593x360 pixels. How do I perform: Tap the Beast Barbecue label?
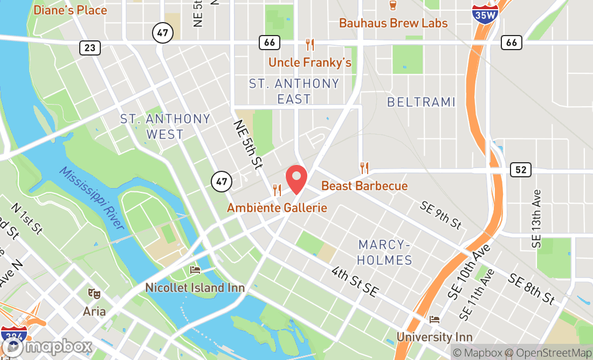pyautogui.click(x=364, y=186)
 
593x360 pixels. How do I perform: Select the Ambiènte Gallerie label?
pyautogui.click(x=277, y=207)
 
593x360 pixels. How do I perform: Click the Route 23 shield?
pyautogui.click(x=89, y=48)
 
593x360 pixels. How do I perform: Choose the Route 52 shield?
pyautogui.click(x=521, y=170)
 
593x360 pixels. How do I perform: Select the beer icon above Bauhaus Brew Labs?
pyautogui.click(x=393, y=6)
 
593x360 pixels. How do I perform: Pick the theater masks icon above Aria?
pyautogui.click(x=94, y=294)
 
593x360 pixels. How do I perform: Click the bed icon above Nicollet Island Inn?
pyautogui.click(x=195, y=269)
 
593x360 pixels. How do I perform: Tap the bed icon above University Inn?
pyautogui.click(x=435, y=320)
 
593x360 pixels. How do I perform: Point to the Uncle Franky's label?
pyautogui.click(x=310, y=63)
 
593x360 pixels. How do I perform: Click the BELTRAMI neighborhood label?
pyautogui.click(x=421, y=102)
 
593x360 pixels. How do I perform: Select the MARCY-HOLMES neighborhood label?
pyautogui.click(x=385, y=253)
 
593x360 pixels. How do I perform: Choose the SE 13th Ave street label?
pyautogui.click(x=536, y=218)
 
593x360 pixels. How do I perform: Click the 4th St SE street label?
pyautogui.click(x=355, y=281)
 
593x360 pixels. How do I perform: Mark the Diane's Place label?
pyautogui.click(x=70, y=10)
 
